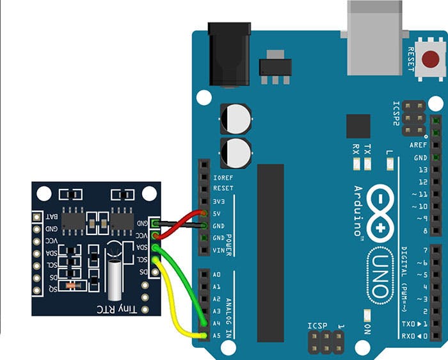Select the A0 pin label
pyautogui.click(x=216, y=275)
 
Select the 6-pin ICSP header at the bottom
pyautogui.click(x=325, y=344)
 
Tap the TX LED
pyautogui.click(x=367, y=164)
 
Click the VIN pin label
pyautogui.click(x=220, y=250)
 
